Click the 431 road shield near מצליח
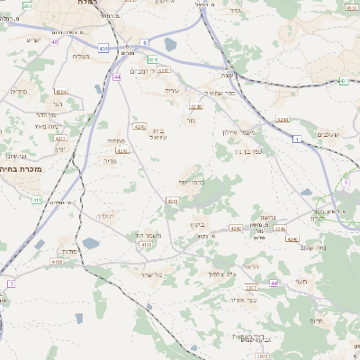pyautogui.click(x=104, y=49)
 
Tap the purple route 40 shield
pyautogui.click(x=55, y=41)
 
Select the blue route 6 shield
pyautogui.click(x=144, y=42)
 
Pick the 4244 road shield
pyautogui.click(x=61, y=92)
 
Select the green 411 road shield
pyautogui.click(x=37, y=200)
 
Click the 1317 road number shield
pyautogui.click(x=251, y=288)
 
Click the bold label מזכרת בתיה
pyautogui.click(x=28, y=168)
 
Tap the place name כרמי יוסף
pyautogui.click(x=191, y=182)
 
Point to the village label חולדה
pyautogui.click(x=106, y=217)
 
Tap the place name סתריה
pyautogui.click(x=19, y=91)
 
